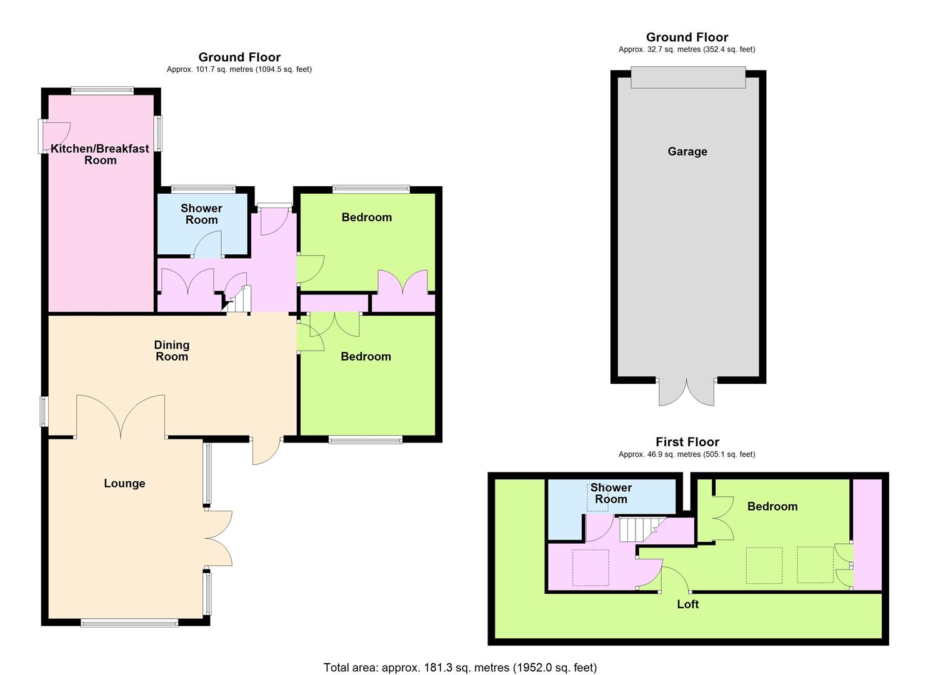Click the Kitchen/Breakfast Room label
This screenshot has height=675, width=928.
click(100, 154)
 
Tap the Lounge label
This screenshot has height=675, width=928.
click(124, 483)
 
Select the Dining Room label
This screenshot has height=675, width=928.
click(171, 351)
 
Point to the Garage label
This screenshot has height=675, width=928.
click(687, 151)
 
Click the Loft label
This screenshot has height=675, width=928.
click(687, 604)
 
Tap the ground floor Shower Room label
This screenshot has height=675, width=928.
click(201, 214)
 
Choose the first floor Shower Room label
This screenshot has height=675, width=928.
click(611, 493)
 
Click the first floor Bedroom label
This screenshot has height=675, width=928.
click(772, 506)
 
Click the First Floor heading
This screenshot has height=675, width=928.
click(687, 442)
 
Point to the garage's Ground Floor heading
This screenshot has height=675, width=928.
click(687, 37)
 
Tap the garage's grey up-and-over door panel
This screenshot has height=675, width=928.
click(688, 77)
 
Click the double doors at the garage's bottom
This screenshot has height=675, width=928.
click(687, 392)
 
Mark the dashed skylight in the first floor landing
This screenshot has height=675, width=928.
click(591, 567)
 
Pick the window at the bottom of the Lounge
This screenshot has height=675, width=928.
click(129, 622)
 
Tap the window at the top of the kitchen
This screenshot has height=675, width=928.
click(102, 91)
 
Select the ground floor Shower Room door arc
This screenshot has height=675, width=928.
click(207, 244)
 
